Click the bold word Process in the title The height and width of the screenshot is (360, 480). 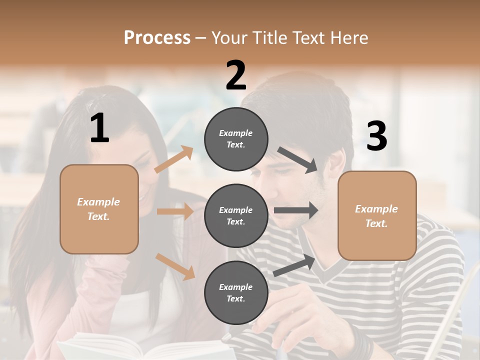pos(157,38)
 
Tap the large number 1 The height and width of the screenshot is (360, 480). pos(99,128)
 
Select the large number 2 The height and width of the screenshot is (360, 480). pos(236,75)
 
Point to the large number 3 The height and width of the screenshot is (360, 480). pos(376,136)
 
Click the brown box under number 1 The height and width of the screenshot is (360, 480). pos(99,209)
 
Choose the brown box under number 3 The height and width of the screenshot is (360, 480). pos(377,216)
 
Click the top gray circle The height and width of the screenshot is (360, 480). pos(236,139)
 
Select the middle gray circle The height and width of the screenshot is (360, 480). pos(236,216)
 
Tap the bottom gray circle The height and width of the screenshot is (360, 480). pos(236,293)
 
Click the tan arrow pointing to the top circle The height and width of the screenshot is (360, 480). pos(173,159)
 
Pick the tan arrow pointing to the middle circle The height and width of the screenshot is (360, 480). pos(175,211)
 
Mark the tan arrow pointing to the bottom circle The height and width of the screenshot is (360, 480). pos(175,266)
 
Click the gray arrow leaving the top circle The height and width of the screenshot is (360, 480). pos(298,160)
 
